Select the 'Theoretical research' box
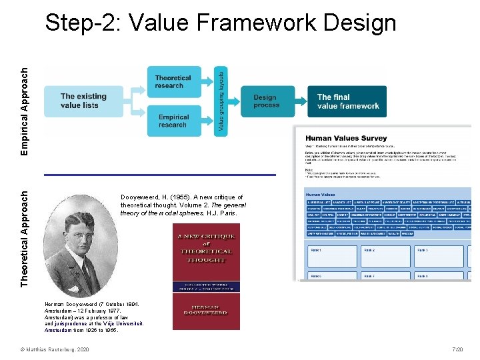[173, 82]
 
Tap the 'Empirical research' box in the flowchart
[173, 121]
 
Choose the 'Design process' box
[266, 101]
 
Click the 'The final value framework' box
[347, 101]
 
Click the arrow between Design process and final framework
[299, 101]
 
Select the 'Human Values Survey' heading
[332, 137]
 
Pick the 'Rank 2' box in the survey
[384, 257]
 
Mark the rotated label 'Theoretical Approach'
[25, 239]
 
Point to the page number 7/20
[457, 350]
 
